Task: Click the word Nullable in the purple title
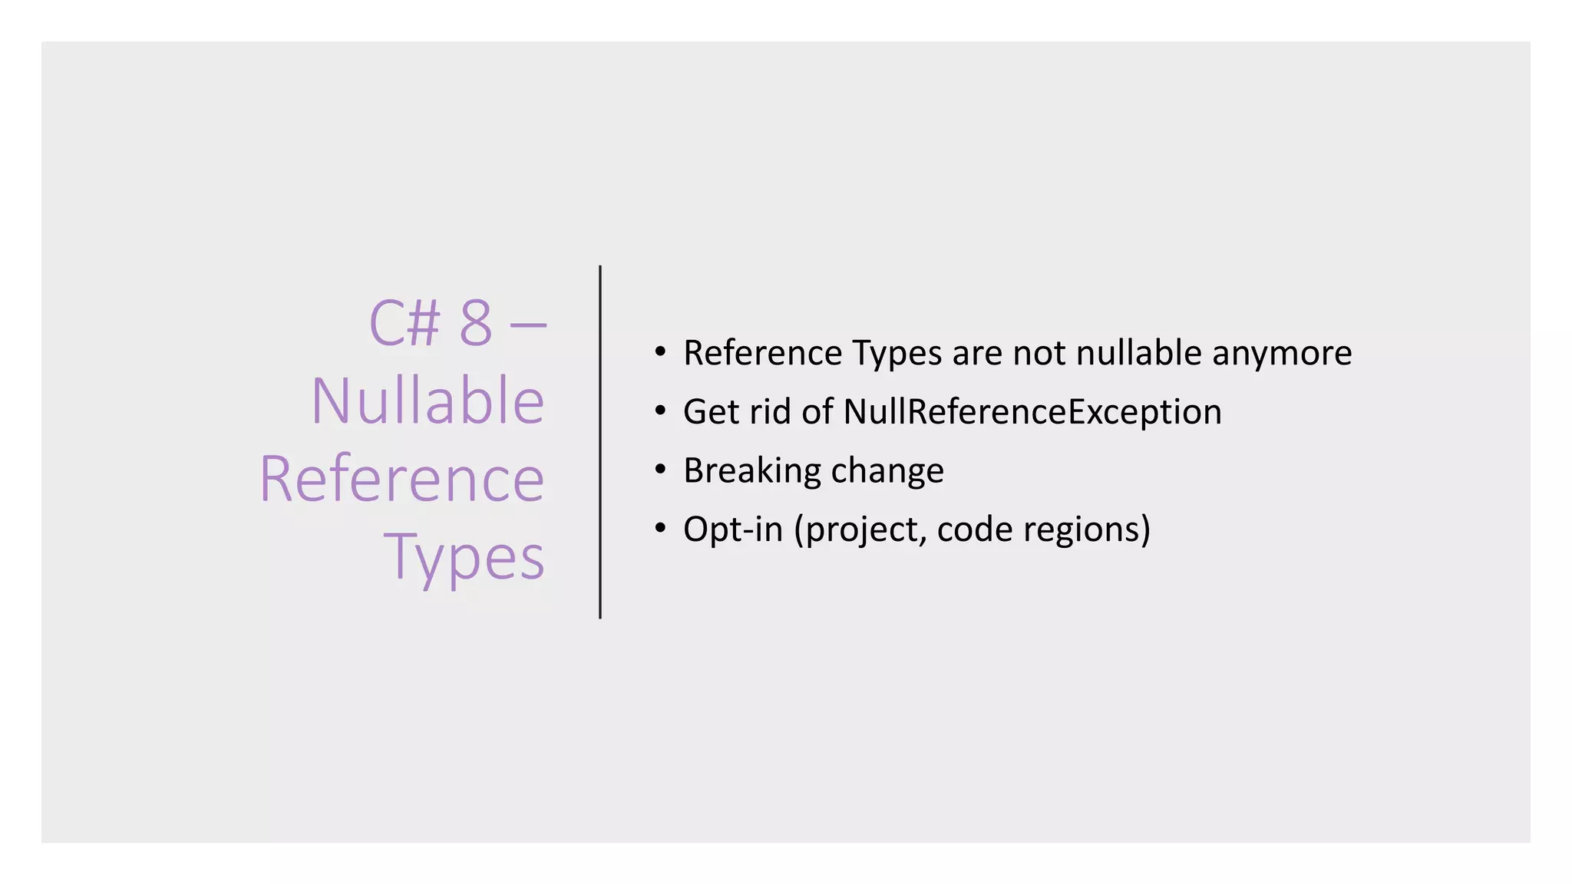coord(428,401)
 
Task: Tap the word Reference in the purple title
coord(402,479)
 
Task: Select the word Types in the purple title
coord(464,556)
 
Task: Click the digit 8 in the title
coord(475,323)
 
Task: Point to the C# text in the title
coord(405,323)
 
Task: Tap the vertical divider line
coord(600,442)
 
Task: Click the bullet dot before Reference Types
coord(660,352)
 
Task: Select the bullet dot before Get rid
coord(660,411)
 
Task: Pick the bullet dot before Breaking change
coord(660,470)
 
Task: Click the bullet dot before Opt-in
coord(660,529)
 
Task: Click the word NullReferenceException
coord(1032,411)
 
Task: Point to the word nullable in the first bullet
coord(1138,353)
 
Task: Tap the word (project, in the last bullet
coord(860,529)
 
